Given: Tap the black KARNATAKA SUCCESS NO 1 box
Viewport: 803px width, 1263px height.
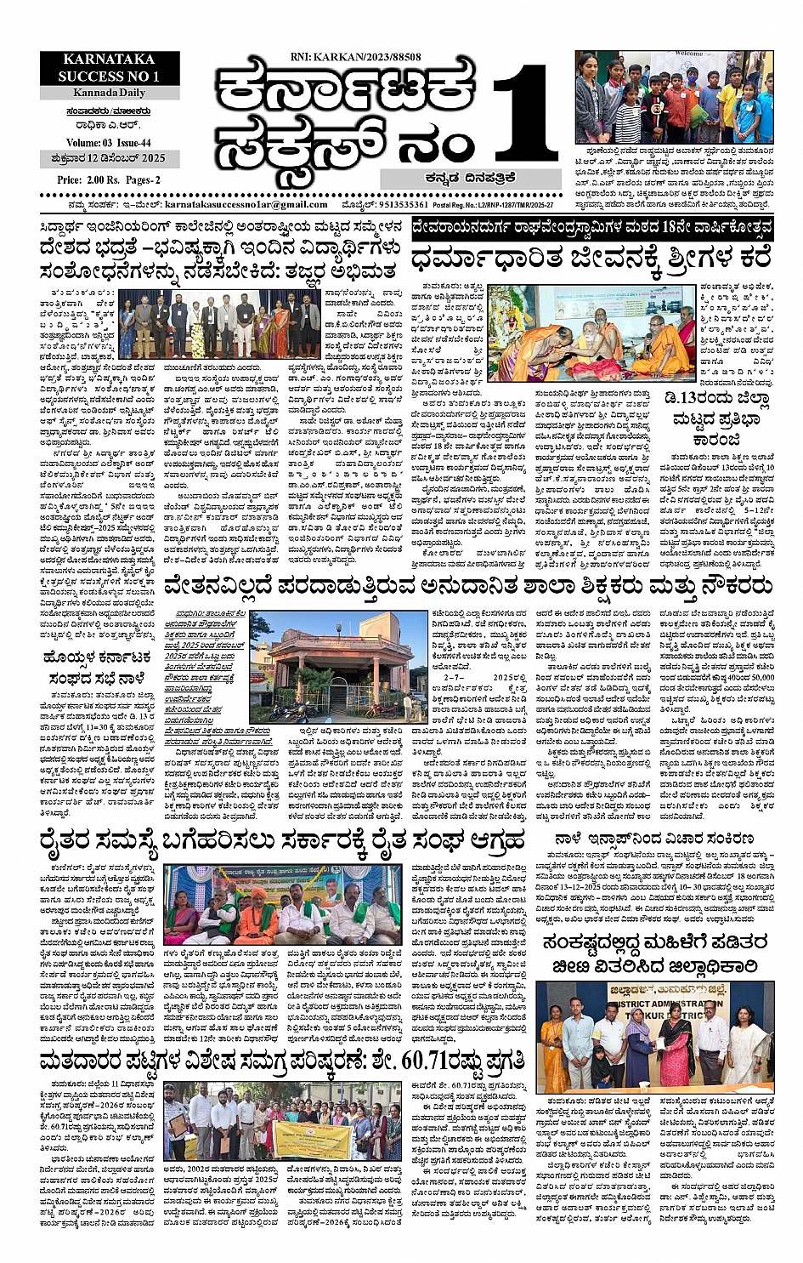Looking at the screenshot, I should click(109, 68).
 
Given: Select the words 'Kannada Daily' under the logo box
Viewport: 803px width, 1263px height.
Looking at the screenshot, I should click(109, 92).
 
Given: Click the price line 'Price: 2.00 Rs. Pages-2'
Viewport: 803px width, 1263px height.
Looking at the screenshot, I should click(109, 180).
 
